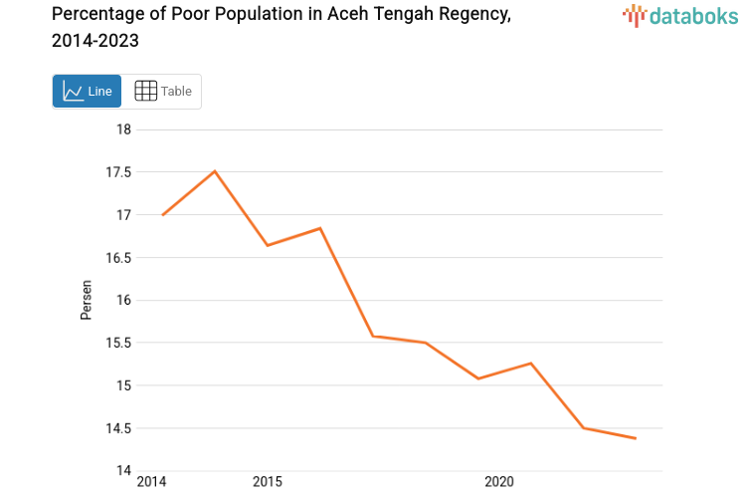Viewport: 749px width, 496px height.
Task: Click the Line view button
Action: pyautogui.click(x=87, y=92)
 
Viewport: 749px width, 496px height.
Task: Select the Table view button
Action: pyautogui.click(x=163, y=92)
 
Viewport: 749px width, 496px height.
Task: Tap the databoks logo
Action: pyautogui.click(x=680, y=15)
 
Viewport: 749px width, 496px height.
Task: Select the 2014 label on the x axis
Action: pyautogui.click(x=151, y=482)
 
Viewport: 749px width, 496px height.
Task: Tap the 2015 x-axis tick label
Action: pyautogui.click(x=267, y=482)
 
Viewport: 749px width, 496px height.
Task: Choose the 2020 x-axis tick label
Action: pyautogui.click(x=498, y=482)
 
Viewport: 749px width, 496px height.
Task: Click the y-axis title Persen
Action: pyautogui.click(x=87, y=300)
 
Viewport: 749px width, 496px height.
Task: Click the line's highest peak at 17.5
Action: pyautogui.click(x=215, y=171)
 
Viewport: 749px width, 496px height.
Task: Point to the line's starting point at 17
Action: pyautogui.click(x=162, y=214)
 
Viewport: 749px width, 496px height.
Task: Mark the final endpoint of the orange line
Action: pyautogui.click(x=636, y=438)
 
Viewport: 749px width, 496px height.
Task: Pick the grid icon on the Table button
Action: pyautogui.click(x=145, y=92)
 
